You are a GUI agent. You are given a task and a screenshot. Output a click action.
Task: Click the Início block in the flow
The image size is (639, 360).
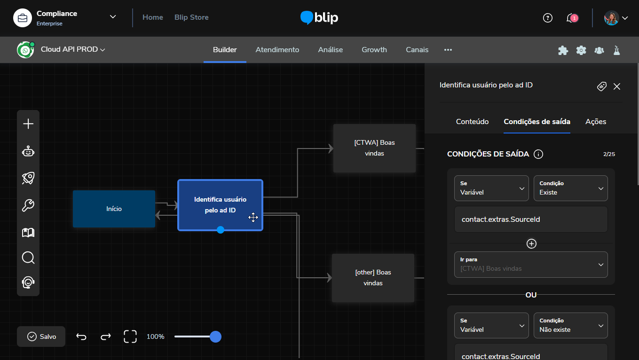[114, 209]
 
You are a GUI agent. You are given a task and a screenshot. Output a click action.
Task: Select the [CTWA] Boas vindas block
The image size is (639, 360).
[374, 148]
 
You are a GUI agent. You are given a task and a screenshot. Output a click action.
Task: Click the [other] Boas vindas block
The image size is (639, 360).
[373, 278]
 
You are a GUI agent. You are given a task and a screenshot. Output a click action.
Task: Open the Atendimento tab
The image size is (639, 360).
[277, 50]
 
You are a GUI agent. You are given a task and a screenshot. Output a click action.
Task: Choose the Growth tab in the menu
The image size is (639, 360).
[374, 50]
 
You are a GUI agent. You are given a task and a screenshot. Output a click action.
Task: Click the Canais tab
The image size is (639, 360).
[417, 50]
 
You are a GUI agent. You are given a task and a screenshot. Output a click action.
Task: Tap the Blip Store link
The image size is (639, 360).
[191, 17]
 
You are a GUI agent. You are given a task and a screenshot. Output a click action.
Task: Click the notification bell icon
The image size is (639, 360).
[572, 18]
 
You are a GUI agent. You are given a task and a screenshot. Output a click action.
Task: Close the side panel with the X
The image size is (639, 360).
[617, 86]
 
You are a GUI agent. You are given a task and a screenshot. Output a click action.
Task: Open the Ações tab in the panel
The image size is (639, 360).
[596, 122]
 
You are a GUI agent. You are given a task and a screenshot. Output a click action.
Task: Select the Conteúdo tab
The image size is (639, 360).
[472, 122]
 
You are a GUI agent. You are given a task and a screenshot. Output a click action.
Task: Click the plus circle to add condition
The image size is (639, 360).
[531, 244]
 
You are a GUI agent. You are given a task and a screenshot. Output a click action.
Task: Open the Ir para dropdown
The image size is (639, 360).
[531, 265]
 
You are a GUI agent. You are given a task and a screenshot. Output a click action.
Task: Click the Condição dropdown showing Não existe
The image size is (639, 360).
[570, 326]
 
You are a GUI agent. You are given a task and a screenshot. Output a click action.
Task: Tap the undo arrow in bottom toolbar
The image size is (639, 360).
[81, 337]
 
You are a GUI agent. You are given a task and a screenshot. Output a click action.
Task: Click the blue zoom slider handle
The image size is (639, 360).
[215, 337]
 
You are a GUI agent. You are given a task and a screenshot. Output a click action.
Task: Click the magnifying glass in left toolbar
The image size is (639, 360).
[28, 258]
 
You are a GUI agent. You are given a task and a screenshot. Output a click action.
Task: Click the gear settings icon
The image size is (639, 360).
[581, 50]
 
